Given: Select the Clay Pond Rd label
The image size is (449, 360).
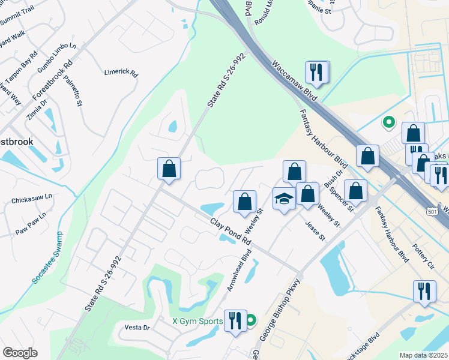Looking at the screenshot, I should [230, 230].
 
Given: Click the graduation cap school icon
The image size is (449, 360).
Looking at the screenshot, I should [283, 199].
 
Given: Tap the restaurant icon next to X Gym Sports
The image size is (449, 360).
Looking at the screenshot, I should [235, 320].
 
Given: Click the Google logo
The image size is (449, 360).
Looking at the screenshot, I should [20, 353].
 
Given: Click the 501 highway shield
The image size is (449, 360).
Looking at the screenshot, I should [432, 211].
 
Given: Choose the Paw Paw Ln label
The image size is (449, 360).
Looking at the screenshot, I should [31, 223].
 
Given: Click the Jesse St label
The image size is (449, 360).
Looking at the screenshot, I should [315, 230].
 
